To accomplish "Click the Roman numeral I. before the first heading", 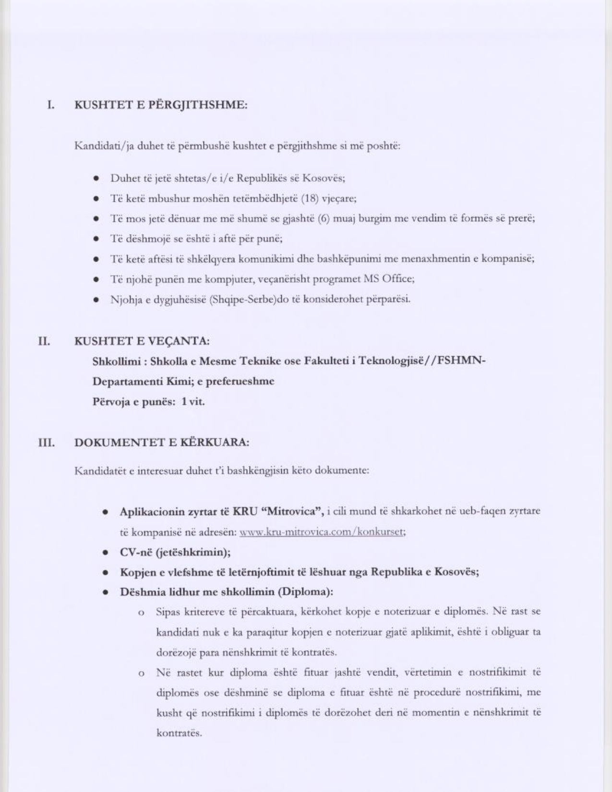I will pos(50,105).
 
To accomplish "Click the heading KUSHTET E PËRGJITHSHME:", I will pos(161,105).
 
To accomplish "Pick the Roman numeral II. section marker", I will pos(45,341).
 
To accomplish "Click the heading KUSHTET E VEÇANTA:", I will pos(142,341).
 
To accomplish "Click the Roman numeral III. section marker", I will pos(46,442).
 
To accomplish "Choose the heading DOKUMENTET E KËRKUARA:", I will pos(162,442).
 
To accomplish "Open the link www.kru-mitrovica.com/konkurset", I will pos(323,532).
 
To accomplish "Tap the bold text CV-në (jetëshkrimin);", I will pos(175,552).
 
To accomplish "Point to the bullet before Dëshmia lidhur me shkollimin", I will pos(104,592).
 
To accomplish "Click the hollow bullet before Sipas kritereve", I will pos(141,613).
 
